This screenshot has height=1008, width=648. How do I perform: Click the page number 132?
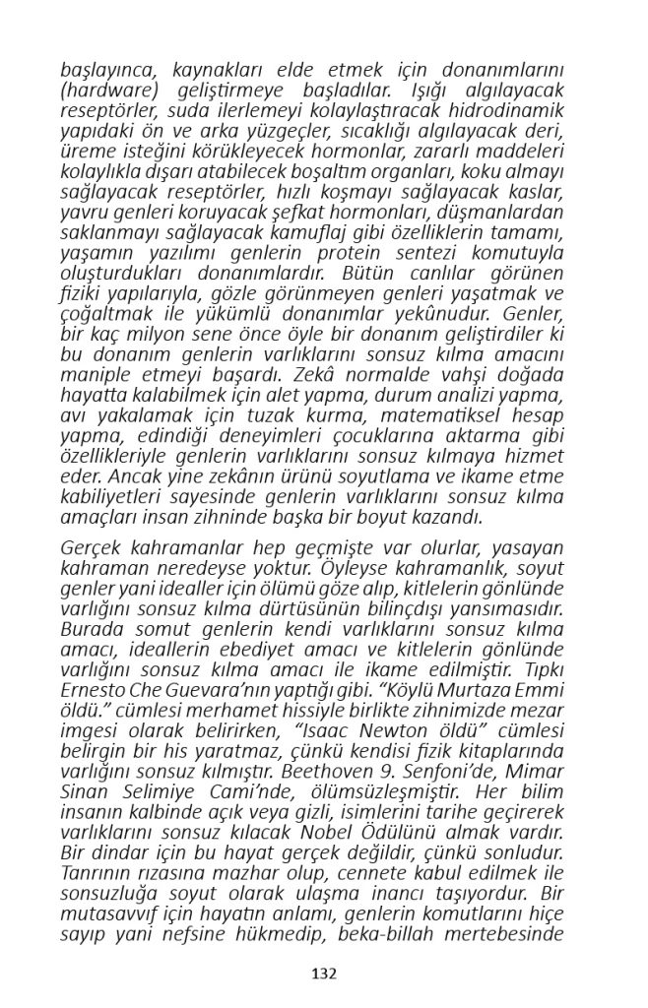tap(324, 974)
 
